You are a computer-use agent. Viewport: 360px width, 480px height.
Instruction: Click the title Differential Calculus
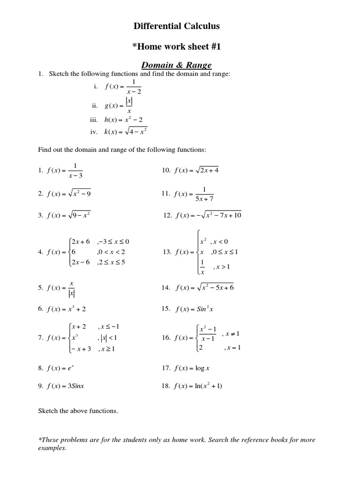[176, 26]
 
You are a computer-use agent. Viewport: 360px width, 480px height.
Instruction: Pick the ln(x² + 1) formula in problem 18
[205, 386]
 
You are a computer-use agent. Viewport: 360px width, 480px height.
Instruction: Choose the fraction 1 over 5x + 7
[204, 193]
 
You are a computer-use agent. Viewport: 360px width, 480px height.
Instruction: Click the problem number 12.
[168, 215]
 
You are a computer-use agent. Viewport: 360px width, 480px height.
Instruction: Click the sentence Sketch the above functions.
[78, 411]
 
